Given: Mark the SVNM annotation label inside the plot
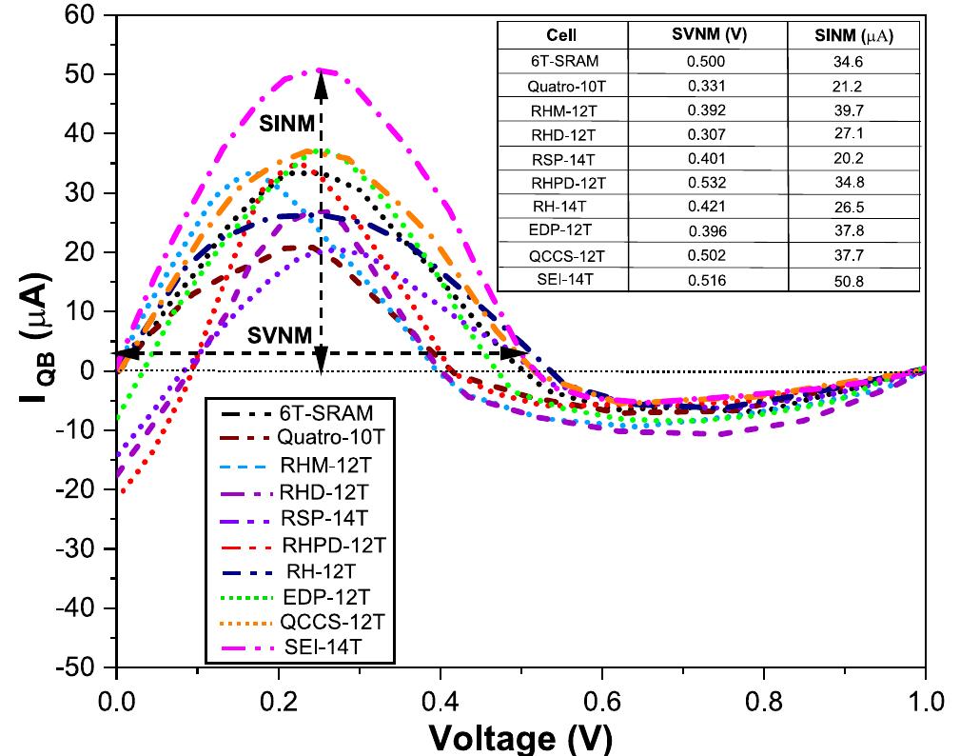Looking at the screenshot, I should pyautogui.click(x=281, y=335).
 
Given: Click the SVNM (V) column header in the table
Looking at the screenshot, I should pyautogui.click(x=707, y=35).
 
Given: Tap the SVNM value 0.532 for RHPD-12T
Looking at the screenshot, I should pyautogui.click(x=707, y=182).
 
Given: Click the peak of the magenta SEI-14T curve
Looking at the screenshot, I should pyautogui.click(x=321, y=70).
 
